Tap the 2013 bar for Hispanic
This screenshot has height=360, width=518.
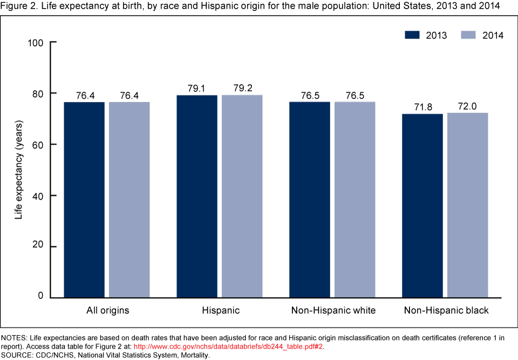(197, 196)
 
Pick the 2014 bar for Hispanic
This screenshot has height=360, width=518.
(242, 196)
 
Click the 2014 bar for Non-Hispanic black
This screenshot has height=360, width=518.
(468, 205)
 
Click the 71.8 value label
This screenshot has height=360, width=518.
(423, 107)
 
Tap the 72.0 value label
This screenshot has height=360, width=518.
(468, 106)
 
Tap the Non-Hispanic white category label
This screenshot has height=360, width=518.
(333, 311)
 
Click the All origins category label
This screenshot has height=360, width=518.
(107, 311)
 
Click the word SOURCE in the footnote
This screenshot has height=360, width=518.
(17, 355)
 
